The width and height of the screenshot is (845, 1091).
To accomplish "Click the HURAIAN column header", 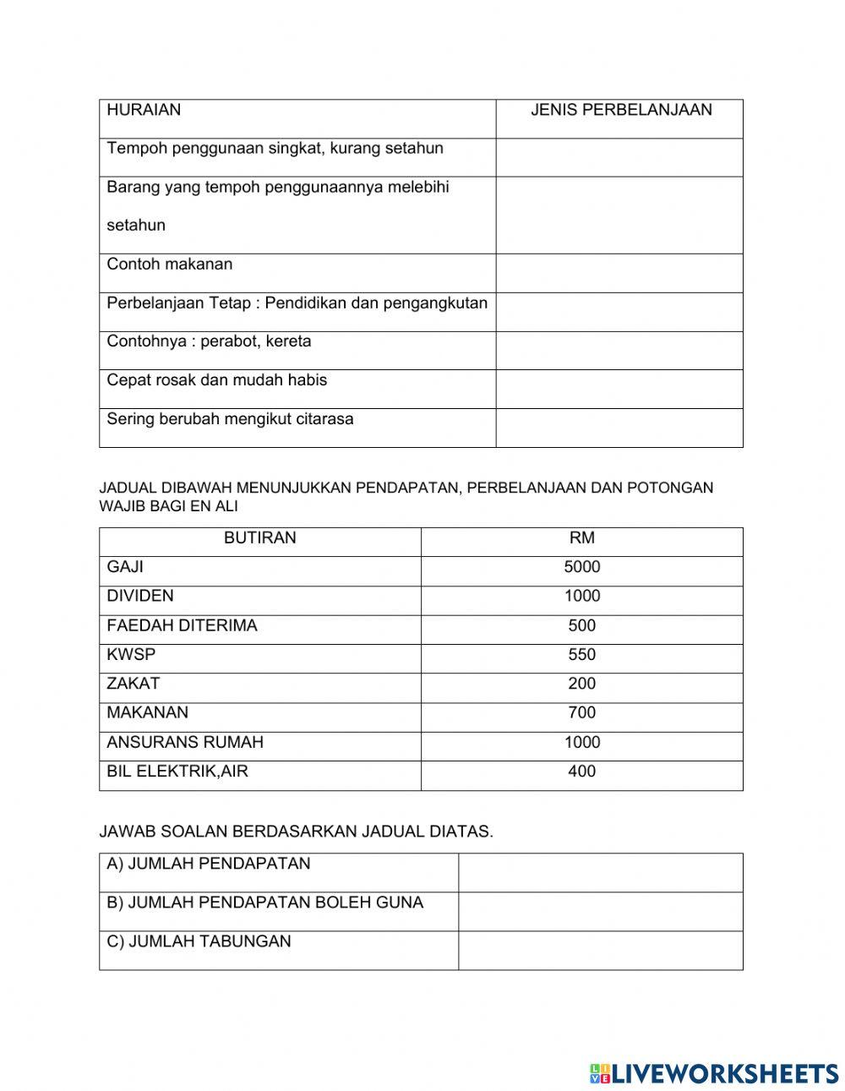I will [x=144, y=110].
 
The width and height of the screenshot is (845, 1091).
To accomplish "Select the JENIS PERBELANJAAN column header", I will [x=620, y=110].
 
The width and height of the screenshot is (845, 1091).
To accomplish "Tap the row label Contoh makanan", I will [x=169, y=265].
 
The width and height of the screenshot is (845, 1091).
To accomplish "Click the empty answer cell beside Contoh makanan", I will [x=619, y=273].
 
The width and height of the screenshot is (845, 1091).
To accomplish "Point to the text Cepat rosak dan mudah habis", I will [x=216, y=380].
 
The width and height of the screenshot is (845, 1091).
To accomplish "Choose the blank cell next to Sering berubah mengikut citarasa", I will [x=619, y=428].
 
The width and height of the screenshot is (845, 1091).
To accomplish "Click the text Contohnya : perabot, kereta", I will [x=209, y=341].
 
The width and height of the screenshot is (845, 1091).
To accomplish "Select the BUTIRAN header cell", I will [x=259, y=538].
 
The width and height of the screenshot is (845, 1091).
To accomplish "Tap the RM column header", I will [x=581, y=538].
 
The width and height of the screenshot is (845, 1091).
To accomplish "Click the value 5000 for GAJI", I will [x=581, y=567].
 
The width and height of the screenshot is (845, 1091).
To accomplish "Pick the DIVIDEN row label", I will [x=140, y=596].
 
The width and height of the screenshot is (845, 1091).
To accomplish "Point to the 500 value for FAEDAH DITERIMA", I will [x=581, y=625].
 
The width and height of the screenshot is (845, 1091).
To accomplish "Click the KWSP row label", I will [x=131, y=654].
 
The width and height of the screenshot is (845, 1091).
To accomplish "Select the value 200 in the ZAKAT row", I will [x=581, y=684].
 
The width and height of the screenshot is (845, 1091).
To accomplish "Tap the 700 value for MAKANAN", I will [x=581, y=712].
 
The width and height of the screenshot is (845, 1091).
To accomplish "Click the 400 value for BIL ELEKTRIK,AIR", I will [x=581, y=771].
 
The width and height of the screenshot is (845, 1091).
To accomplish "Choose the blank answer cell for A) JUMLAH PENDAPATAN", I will [x=600, y=872].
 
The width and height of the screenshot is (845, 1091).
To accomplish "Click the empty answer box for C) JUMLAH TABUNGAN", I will [x=600, y=950].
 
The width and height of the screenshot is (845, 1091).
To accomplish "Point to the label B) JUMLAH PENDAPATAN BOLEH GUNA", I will [x=264, y=903].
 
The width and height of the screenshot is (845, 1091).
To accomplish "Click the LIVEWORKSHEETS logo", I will [x=714, y=1073].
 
